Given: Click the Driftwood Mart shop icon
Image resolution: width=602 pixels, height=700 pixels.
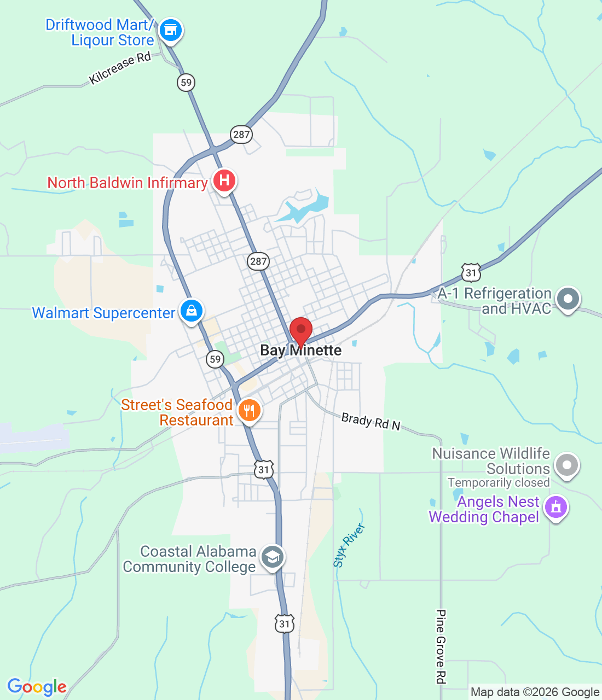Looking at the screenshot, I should pyautogui.click(x=170, y=30).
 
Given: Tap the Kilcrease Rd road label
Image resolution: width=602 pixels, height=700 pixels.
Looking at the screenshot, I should pyautogui.click(x=120, y=68).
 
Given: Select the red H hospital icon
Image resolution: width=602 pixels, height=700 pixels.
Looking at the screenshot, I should pyautogui.click(x=224, y=180).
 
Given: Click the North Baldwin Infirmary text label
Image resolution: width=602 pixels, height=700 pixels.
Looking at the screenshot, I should pyautogui.click(x=127, y=183).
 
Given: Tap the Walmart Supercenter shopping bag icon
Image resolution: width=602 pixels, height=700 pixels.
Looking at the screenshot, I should pyautogui.click(x=191, y=311).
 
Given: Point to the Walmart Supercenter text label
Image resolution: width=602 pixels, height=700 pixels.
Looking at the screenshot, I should pyautogui.click(x=103, y=313).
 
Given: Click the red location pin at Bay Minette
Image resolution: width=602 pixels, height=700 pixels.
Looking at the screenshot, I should pyautogui.click(x=300, y=331).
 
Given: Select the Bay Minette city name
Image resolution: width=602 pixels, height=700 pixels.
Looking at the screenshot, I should pyautogui.click(x=300, y=351).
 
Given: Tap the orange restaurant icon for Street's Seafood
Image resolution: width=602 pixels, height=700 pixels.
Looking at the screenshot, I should pyautogui.click(x=249, y=410).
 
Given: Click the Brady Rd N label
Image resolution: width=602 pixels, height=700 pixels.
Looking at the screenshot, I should pyautogui.click(x=371, y=421).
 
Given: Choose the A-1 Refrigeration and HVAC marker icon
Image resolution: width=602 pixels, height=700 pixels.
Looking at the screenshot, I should pyautogui.click(x=568, y=299).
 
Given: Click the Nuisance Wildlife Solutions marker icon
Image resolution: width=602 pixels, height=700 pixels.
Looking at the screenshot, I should pyautogui.click(x=566, y=465).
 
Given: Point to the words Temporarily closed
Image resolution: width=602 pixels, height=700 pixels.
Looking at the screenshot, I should pyautogui.click(x=499, y=483).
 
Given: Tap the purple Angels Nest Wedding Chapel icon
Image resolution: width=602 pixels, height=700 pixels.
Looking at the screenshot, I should pyautogui.click(x=556, y=507).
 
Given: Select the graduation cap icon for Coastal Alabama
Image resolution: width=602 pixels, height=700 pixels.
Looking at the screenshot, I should pyautogui.click(x=272, y=557).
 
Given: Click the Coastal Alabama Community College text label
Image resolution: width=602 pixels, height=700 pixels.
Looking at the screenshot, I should pyautogui.click(x=189, y=559).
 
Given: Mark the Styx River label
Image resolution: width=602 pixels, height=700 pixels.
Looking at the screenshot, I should pyautogui.click(x=349, y=545).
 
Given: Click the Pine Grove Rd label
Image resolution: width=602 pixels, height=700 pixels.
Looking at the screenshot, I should pyautogui.click(x=441, y=646).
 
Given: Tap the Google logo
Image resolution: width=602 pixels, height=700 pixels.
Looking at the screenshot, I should pyautogui.click(x=37, y=687).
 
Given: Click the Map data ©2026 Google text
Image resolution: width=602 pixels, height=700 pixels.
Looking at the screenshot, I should pyautogui.click(x=535, y=692).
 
